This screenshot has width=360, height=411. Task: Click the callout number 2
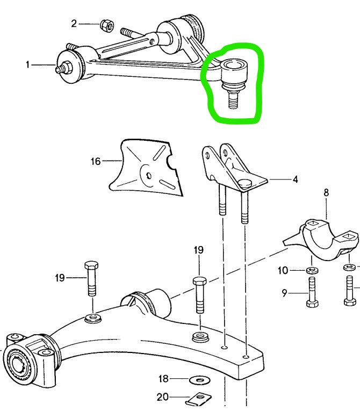74,24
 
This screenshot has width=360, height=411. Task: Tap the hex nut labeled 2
107,26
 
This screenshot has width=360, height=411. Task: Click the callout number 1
27,64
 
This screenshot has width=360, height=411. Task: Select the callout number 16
96,161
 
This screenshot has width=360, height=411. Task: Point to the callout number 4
295,179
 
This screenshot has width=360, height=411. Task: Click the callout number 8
326,193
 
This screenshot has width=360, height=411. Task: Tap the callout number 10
283,270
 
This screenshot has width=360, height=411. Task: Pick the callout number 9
284,293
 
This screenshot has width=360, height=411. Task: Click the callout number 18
163,379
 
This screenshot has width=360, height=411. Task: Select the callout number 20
163,397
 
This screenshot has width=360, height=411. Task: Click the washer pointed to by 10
312,270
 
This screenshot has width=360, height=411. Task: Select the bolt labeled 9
312,292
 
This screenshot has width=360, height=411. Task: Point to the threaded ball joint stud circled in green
234,99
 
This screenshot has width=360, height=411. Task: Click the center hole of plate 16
149,175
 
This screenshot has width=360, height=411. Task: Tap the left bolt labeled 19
91,278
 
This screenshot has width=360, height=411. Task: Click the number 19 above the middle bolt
198,250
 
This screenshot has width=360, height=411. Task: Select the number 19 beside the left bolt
60,278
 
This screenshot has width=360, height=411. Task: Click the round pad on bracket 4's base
245,183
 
